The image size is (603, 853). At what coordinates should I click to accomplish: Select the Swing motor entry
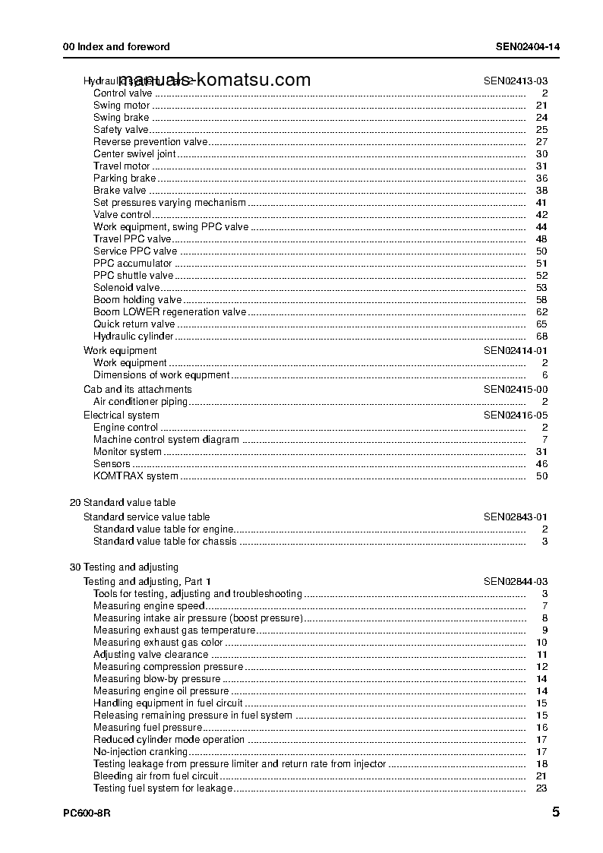(122, 106)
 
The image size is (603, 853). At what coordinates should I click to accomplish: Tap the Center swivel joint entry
(134, 154)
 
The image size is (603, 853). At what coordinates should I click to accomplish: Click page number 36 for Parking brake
(541, 178)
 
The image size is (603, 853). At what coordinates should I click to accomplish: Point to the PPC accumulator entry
(132, 264)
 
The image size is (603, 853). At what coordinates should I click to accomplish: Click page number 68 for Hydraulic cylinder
(541, 336)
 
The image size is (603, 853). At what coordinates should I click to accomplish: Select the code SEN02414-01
(516, 351)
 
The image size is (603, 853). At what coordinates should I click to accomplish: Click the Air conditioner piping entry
(142, 401)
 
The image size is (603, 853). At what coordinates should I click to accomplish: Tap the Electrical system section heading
(122, 415)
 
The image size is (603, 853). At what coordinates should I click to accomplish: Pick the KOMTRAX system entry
(136, 476)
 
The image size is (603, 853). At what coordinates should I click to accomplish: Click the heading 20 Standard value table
(122, 503)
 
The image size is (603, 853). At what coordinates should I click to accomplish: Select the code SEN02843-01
(516, 517)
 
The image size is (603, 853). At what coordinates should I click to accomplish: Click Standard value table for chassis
(165, 542)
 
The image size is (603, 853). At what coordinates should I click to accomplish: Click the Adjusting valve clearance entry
(150, 655)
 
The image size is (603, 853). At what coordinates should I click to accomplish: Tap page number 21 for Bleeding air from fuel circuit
(541, 776)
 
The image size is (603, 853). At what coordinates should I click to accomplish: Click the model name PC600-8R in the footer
(87, 813)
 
